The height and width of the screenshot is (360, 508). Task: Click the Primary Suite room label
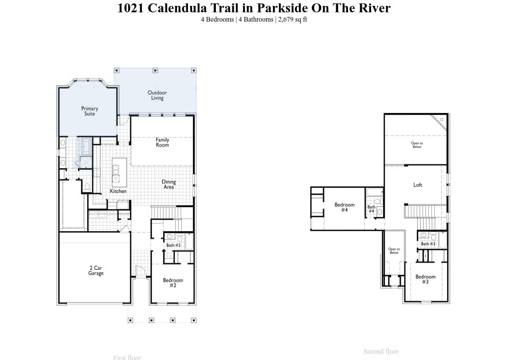[x=89, y=111]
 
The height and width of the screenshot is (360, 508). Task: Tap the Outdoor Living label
[x=157, y=95]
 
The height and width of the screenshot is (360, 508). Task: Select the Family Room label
[x=162, y=142]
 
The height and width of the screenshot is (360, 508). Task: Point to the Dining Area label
[x=168, y=184]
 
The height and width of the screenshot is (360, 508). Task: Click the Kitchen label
[x=118, y=191]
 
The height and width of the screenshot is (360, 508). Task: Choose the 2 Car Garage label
[x=96, y=271]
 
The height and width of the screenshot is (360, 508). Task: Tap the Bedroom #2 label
[x=173, y=282]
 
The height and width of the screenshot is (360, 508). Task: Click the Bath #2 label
[x=173, y=245]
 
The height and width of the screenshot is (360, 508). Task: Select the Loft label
[x=417, y=185]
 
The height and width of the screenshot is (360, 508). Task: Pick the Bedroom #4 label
[x=344, y=207]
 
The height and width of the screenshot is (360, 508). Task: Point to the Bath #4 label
[x=371, y=209]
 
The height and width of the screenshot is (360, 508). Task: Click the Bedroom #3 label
[x=425, y=279]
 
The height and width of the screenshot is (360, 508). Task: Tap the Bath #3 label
[x=428, y=244]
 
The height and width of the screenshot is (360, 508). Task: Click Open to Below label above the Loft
[x=417, y=145]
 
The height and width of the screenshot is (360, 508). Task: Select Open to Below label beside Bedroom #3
[x=394, y=251]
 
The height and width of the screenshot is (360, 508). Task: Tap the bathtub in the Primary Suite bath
[x=86, y=146]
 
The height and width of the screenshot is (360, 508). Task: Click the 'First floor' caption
[x=127, y=357]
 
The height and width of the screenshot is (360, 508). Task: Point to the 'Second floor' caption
[x=381, y=351]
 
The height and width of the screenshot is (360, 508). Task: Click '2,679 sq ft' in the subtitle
[x=293, y=19]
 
